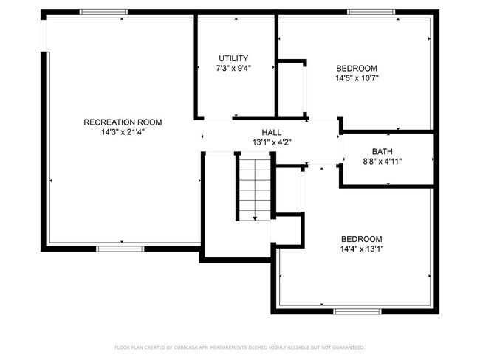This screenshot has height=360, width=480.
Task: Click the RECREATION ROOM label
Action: click(x=123, y=122)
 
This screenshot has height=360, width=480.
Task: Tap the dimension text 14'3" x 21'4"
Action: click(x=123, y=133)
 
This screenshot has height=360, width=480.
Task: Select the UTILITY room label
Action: click(x=233, y=58)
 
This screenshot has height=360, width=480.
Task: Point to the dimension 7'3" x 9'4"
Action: click(x=233, y=69)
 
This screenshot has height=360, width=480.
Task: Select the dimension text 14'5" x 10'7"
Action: click(x=356, y=77)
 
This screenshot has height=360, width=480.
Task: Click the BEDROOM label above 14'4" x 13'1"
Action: click(x=361, y=239)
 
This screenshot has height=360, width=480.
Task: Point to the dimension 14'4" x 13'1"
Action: click(x=361, y=249)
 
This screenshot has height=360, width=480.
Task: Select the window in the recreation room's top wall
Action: click(x=98, y=11)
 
